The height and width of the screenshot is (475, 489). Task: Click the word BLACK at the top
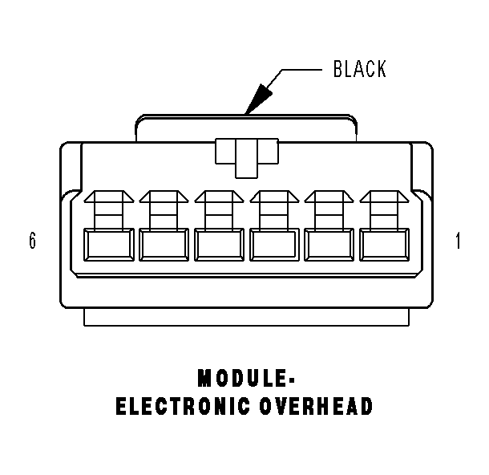pos(359,70)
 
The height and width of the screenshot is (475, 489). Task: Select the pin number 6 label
pos(32,241)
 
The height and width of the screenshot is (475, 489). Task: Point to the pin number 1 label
pos(458,241)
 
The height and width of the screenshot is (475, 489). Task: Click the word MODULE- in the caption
pos(244,377)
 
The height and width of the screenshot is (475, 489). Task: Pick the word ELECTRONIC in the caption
pos(184,407)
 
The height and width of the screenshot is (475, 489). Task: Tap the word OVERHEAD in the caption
pos(317,407)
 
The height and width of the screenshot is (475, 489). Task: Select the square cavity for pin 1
pos(383,245)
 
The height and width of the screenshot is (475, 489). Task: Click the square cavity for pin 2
pos(328,245)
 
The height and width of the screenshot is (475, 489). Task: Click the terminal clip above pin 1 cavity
pos(383,209)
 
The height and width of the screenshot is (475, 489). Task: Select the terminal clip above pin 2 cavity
pos(328,209)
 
